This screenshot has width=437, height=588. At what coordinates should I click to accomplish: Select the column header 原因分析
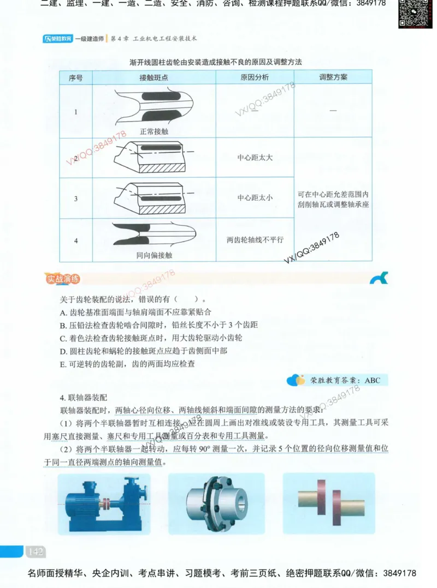[x=255, y=77]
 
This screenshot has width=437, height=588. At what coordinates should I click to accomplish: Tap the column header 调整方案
[x=333, y=77]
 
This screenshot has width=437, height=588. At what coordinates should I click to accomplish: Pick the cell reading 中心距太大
[x=255, y=158]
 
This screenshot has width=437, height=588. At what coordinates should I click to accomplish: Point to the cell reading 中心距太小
[x=255, y=198]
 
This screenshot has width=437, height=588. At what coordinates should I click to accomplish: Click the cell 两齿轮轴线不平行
[x=255, y=239]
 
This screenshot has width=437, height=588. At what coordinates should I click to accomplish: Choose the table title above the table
[x=216, y=62]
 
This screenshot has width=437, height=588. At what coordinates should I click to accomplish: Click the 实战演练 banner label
[x=63, y=280]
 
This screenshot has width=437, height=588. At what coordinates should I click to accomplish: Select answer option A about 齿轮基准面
[x=135, y=313]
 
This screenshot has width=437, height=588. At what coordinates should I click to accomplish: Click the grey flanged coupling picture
[x=216, y=503]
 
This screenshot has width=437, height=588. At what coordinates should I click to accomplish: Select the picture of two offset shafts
[x=328, y=503]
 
